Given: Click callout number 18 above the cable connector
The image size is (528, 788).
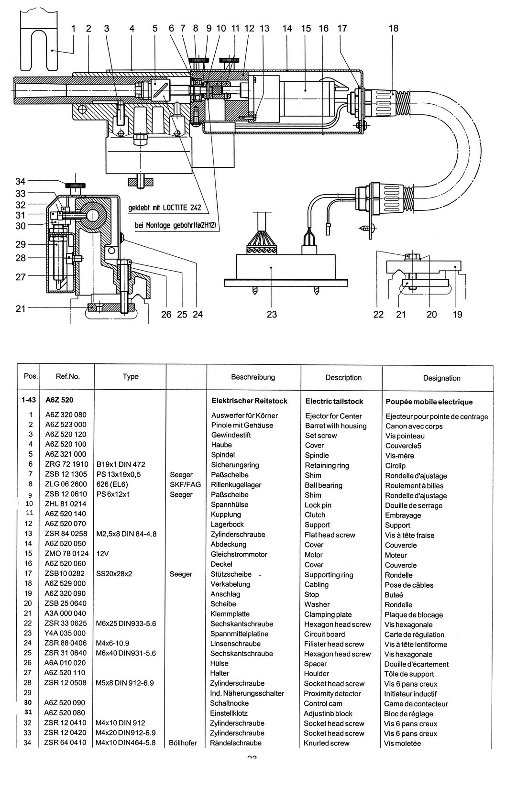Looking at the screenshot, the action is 393,28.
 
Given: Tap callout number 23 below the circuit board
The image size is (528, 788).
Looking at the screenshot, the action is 272,314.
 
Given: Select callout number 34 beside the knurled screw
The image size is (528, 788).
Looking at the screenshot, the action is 21,181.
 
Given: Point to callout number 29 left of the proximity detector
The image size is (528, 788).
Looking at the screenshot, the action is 21,244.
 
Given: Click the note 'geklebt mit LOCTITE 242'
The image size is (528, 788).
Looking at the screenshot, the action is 165,208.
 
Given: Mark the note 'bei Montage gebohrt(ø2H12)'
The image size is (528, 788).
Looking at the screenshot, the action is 175,225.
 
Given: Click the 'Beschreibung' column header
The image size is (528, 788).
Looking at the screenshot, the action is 253,377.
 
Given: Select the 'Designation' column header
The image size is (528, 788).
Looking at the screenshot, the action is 441,378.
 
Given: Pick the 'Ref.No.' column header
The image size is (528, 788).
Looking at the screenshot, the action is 67,376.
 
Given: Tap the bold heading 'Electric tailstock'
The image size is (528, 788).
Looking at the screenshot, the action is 334,401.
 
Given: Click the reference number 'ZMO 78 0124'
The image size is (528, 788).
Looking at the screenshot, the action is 67,554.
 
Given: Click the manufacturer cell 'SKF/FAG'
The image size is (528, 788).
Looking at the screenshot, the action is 186,484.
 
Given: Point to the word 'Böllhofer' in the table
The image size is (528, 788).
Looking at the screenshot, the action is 183,743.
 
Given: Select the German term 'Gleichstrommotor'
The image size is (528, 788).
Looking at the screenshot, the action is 239,554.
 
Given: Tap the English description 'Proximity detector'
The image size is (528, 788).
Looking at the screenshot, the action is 332,694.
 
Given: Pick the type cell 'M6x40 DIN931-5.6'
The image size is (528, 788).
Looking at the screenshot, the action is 126,653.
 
